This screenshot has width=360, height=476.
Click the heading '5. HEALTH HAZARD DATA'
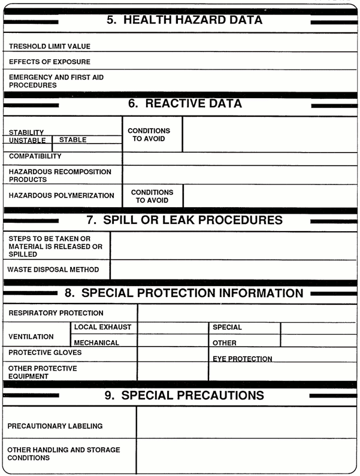pos(184,20)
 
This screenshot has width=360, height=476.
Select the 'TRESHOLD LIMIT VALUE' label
pos(50,46)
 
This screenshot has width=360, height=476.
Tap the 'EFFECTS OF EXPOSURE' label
pos(50,62)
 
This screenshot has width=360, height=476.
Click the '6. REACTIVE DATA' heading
pos(184,104)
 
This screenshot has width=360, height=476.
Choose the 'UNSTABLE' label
pos(28,141)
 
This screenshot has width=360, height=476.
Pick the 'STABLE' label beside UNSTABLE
pos(72,140)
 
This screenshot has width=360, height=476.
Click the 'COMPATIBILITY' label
pos(35,156)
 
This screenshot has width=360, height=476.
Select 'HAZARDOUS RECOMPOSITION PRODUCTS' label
pos(60,175)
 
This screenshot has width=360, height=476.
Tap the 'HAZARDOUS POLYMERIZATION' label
pos(62,195)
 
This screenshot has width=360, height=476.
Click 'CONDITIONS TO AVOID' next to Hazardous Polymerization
pos(152,196)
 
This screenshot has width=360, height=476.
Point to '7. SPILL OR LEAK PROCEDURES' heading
pos(184,220)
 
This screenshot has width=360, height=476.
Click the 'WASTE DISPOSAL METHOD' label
pos(53,270)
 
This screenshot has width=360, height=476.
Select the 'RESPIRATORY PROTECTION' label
pos(56,313)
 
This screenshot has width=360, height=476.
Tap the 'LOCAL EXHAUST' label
pos(102,328)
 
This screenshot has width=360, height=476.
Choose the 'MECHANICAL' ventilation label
pos(96,343)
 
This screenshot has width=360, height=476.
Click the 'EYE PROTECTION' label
pos(243,359)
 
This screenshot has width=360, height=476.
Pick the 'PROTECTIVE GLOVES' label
pos(45,353)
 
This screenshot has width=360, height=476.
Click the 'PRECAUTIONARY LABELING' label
pos(55,426)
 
